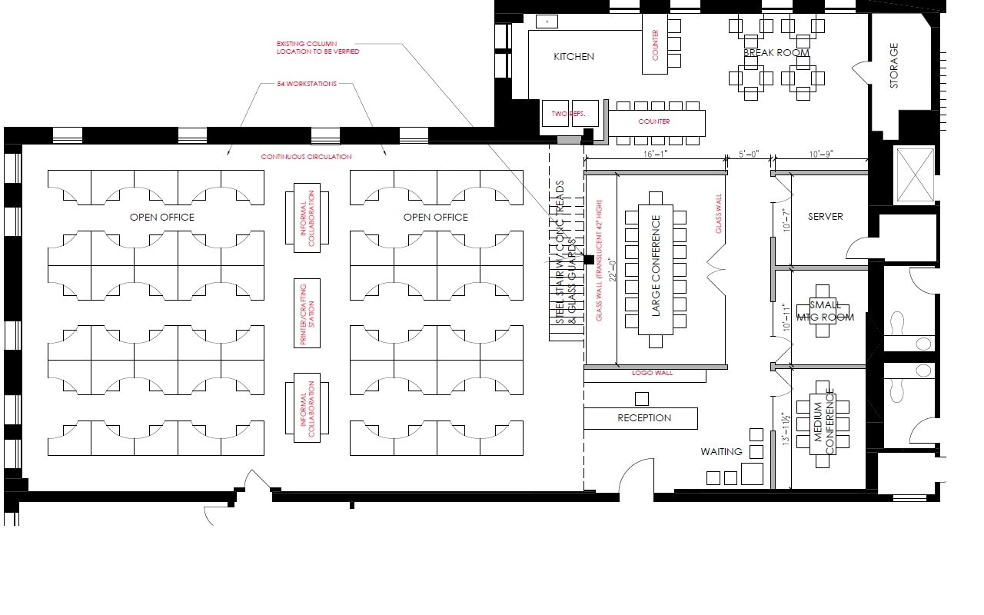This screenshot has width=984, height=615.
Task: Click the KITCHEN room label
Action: click(x=573, y=57)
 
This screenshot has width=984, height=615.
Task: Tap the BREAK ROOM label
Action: click(x=776, y=53)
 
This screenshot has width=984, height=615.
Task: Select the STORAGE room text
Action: click(x=893, y=65)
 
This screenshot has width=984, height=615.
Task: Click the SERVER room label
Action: click(x=825, y=217)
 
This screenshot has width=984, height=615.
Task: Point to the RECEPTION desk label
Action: click(x=644, y=418)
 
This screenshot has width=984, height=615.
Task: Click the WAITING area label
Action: click(x=721, y=451)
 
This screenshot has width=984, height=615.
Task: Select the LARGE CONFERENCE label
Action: click(x=656, y=266)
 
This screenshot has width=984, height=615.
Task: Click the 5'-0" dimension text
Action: click(x=749, y=155)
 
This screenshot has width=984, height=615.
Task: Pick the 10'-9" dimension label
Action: click(x=820, y=155)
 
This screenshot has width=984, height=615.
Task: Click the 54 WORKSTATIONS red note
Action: click(x=307, y=84)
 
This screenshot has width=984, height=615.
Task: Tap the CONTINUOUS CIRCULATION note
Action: click(x=306, y=157)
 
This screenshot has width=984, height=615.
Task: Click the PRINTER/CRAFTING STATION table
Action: click(x=307, y=313)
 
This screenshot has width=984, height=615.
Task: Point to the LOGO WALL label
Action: click(x=652, y=374)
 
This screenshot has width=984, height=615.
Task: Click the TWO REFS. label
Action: click(x=568, y=114)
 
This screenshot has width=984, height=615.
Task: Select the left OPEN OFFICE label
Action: click(x=161, y=218)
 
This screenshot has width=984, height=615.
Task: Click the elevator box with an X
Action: click(x=915, y=175)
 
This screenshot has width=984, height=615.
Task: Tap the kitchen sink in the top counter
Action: click(x=547, y=21)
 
